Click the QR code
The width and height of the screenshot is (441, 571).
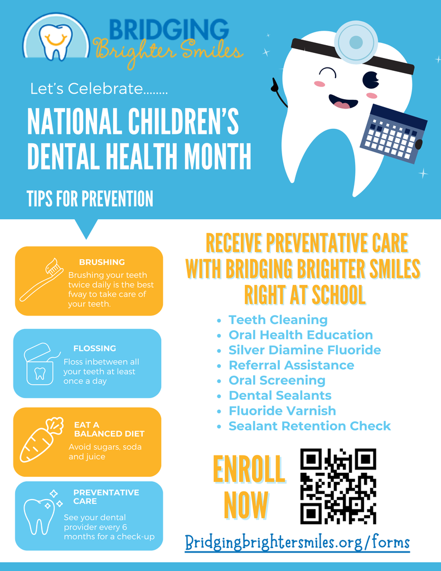click(x=338, y=486)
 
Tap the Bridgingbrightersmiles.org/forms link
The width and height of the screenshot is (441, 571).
click(x=297, y=543)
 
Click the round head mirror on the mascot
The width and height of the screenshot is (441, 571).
click(x=356, y=42)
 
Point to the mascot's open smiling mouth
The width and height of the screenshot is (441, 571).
click(x=343, y=101)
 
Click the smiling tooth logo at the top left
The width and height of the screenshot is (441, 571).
click(x=56, y=38)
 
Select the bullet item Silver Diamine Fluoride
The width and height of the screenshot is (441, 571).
click(x=304, y=350)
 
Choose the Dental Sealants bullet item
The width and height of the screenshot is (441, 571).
click(x=280, y=396)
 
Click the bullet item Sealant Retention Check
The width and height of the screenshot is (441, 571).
click(x=309, y=426)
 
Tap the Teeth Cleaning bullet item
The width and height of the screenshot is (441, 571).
click(x=278, y=320)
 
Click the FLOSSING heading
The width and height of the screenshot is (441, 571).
click(x=95, y=349)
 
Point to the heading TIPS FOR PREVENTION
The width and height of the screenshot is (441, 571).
click(x=90, y=199)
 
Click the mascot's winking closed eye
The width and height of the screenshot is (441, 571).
click(x=328, y=73)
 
